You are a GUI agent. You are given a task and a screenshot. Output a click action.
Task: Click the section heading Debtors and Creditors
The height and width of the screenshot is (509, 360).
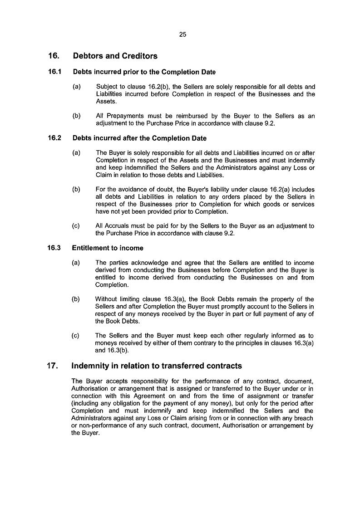(x=115, y=56)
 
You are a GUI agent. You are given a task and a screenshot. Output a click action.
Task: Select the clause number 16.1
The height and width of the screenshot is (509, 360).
(x=55, y=72)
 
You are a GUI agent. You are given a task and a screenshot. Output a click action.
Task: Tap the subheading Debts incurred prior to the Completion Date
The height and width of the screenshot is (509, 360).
(x=144, y=72)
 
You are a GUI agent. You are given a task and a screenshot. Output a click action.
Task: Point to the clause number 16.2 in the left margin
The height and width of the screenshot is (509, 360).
(x=55, y=138)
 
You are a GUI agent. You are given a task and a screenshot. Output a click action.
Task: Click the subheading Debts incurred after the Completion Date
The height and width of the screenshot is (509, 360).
(x=139, y=138)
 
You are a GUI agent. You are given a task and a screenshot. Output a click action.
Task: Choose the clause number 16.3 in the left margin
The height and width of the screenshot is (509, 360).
(x=55, y=248)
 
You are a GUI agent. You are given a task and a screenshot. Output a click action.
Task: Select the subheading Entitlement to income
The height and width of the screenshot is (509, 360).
(x=108, y=248)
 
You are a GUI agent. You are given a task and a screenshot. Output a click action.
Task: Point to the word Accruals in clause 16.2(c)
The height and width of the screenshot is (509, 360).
(x=118, y=226)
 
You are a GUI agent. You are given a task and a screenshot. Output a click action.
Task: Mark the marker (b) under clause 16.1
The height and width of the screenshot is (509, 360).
(x=76, y=116)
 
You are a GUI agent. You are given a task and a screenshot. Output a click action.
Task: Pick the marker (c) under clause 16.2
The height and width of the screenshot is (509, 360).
(x=76, y=226)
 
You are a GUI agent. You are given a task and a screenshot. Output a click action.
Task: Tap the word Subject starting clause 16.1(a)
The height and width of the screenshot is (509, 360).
(x=107, y=87)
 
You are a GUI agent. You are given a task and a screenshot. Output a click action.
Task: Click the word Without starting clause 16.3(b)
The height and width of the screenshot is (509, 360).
(x=108, y=299)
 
